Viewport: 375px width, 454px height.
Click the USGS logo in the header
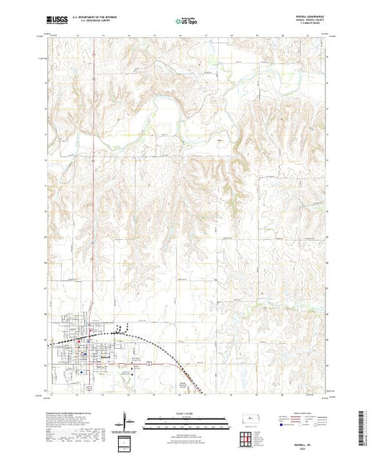click(55, 20)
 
